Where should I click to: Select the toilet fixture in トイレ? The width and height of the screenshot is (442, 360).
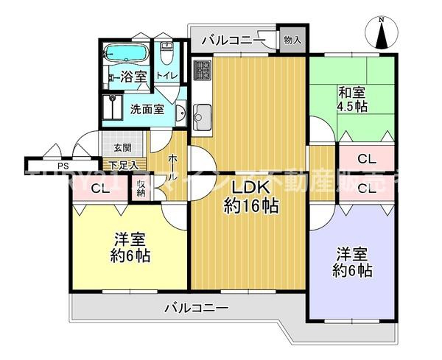166,54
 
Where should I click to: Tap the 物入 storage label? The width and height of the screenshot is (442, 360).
292,39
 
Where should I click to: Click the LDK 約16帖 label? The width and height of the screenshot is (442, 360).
250,197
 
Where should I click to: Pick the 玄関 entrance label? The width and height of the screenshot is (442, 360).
122,147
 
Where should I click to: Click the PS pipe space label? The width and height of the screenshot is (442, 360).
42,166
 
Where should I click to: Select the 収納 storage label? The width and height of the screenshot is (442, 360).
141,188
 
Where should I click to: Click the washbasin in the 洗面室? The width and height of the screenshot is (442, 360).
180,112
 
